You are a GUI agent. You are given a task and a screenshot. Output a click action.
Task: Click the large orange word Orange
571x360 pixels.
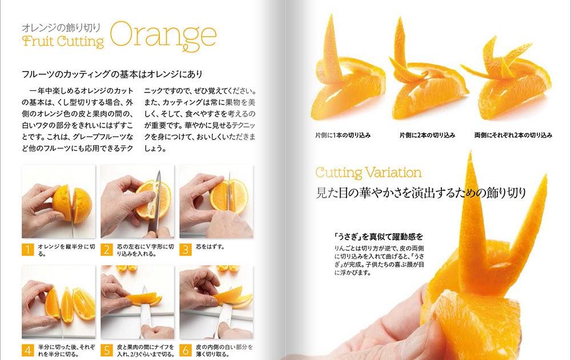[x=163, y=35]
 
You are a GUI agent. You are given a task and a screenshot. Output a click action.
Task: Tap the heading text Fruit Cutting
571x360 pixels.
[x=63, y=41]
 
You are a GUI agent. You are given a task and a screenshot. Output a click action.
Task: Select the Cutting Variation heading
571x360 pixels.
[x=368, y=173]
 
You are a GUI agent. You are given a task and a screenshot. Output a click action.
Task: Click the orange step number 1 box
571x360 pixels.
[x=27, y=250]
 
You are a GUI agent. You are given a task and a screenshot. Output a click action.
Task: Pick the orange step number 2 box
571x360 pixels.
[x=107, y=250]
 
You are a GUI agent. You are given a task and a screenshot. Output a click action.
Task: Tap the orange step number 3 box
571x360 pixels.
[x=186, y=250]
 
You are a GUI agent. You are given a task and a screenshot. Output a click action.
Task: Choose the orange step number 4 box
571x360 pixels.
[x=27, y=350]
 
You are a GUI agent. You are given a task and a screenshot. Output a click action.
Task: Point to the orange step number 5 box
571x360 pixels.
[x=107, y=350]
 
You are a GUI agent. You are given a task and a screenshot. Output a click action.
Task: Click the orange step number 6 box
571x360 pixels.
[x=186, y=350]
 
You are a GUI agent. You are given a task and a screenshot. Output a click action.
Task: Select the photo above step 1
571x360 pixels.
[x=59, y=202]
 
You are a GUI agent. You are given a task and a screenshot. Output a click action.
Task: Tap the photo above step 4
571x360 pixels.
[x=59, y=302]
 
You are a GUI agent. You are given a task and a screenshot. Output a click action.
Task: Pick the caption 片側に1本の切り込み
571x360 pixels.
[x=343, y=135]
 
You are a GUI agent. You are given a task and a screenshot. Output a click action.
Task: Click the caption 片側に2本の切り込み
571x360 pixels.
[x=427, y=135]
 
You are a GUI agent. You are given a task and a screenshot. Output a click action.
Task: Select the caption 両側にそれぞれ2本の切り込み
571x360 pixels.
[x=513, y=135]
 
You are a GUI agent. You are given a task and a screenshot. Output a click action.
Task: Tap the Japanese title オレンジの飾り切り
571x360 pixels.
[x=61, y=27]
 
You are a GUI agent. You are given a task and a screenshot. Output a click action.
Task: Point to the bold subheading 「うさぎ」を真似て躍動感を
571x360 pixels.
[x=379, y=237]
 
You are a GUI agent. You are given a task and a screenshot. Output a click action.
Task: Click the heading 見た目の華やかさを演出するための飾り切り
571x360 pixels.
[x=421, y=193]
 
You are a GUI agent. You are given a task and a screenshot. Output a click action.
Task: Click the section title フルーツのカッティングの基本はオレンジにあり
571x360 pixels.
[x=112, y=74]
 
